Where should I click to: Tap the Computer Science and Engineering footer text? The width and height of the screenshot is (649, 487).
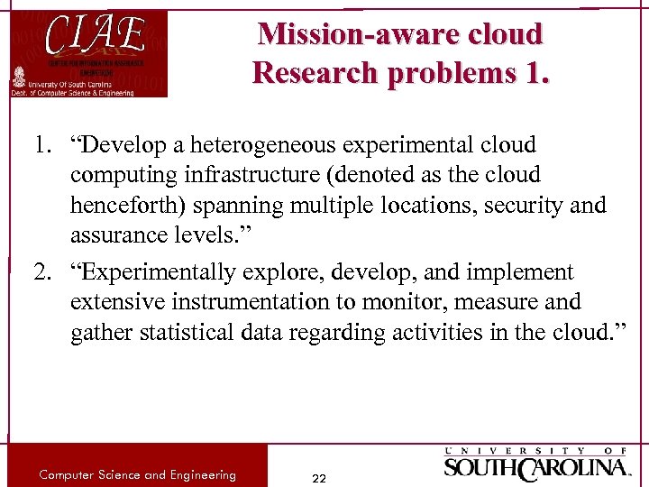pyautogui.click(x=137, y=474)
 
